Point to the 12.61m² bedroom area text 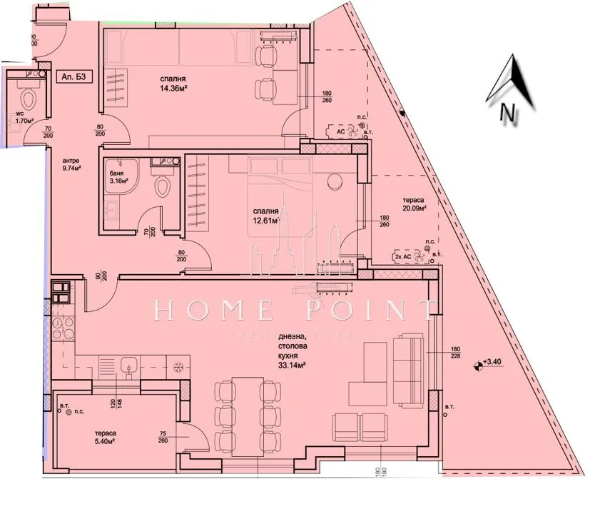[x=266, y=216]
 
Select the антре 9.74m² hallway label [x=71, y=166]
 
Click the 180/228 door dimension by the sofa [x=456, y=354]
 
